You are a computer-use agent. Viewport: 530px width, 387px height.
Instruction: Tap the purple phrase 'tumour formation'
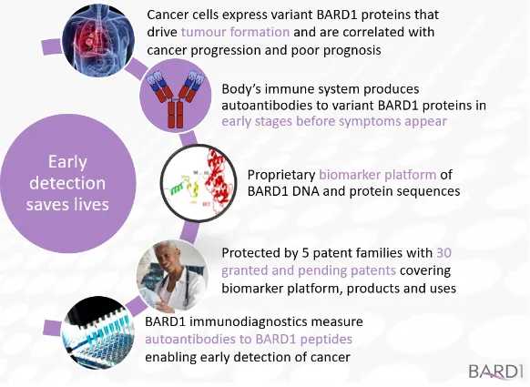tap(235, 32)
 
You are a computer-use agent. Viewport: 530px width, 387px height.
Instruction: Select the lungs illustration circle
tap(98, 41)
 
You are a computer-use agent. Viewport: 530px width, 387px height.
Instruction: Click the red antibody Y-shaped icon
tap(176, 99)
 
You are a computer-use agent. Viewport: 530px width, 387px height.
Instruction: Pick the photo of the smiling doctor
tap(172, 275)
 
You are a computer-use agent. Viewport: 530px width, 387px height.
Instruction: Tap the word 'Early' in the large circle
tap(67, 161)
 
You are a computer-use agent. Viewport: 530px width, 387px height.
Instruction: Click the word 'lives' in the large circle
tap(91, 204)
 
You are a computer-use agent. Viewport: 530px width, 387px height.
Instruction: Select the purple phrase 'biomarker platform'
tap(378, 175)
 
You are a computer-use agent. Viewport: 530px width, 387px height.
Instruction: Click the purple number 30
tap(444, 253)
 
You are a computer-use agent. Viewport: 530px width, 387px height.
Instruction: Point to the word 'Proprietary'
tap(281, 175)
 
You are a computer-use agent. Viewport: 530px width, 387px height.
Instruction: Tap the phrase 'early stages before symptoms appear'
tap(334, 121)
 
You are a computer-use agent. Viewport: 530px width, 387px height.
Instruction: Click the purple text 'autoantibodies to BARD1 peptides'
tap(249, 339)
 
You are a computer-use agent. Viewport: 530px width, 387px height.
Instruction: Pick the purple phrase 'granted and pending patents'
tap(309, 270)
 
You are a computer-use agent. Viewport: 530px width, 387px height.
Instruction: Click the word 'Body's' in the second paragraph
tap(241, 89)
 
